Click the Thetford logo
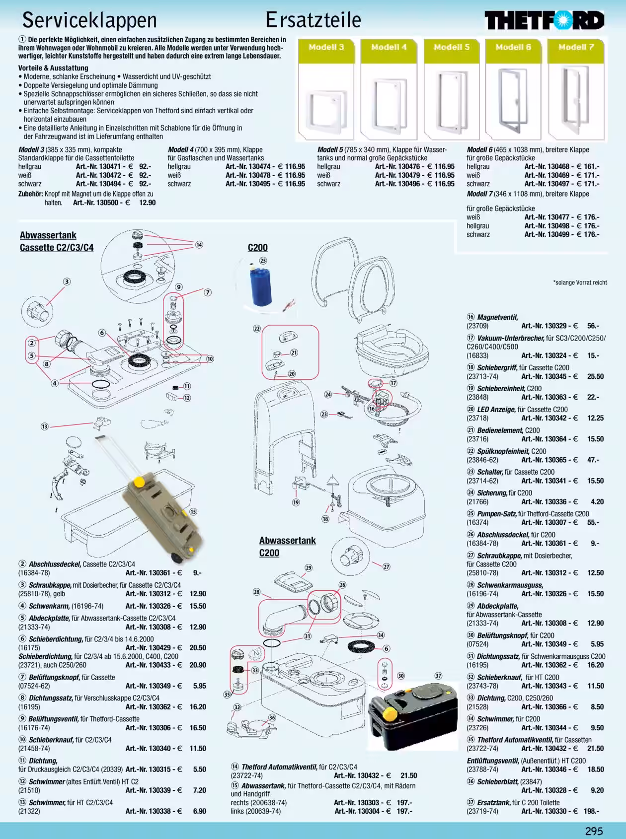pos(545,21)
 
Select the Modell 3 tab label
pos(326,47)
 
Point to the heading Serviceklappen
pos(90,20)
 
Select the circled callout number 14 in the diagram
pos(199,244)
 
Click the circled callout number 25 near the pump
pos(263,260)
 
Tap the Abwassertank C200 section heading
pos(287,547)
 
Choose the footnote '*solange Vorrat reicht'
pos(580,282)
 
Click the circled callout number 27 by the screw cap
pos(387,566)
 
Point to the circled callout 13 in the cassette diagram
pos(44,426)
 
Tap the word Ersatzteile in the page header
pos(313,20)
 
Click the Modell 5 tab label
pos(452,47)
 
